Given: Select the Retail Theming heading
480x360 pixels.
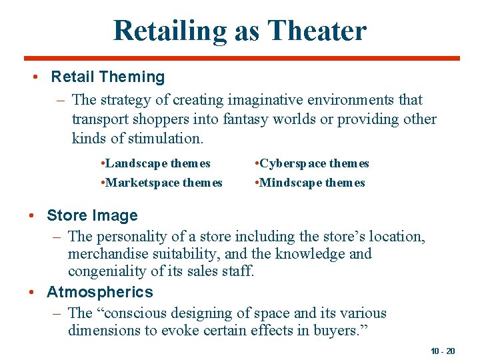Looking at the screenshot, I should [x=107, y=77].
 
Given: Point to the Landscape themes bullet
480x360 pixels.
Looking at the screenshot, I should [x=155, y=163].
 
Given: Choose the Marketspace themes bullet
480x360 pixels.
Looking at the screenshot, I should [x=161, y=183].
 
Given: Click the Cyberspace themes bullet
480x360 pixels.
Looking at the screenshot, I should [x=312, y=163].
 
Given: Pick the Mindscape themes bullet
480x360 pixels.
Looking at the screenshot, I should [x=310, y=183].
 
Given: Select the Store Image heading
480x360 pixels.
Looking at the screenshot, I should [x=92, y=215].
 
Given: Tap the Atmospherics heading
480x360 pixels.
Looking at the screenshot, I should [x=99, y=292].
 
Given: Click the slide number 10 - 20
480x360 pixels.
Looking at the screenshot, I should [x=443, y=351].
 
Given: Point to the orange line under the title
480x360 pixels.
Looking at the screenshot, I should [x=240, y=58].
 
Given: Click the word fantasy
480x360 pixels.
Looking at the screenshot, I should [x=259, y=119].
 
